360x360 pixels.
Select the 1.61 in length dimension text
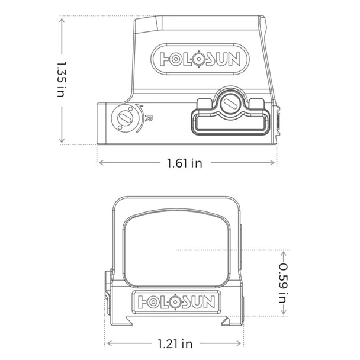pyautogui.click(x=184, y=163)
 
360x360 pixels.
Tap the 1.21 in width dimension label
pyautogui.click(x=175, y=343)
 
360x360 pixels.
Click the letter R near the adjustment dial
pyautogui.click(x=149, y=118)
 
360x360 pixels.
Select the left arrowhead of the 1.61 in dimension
pyautogui.click(x=100, y=163)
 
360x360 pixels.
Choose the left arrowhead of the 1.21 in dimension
pyautogui.click(x=109, y=343)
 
